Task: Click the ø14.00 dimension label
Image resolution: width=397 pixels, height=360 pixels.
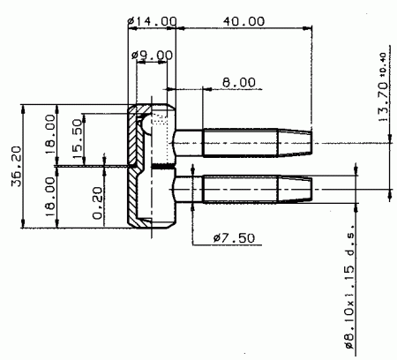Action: [153, 21]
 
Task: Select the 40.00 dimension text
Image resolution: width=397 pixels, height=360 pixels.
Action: [243, 21]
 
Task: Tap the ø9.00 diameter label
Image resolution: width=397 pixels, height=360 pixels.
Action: [152, 55]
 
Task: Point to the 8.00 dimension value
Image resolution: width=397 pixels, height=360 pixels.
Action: [239, 82]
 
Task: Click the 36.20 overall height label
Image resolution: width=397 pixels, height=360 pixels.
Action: [17, 166]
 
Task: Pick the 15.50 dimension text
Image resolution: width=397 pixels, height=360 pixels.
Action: [77, 139]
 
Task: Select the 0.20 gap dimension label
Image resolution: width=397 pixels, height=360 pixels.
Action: [98, 204]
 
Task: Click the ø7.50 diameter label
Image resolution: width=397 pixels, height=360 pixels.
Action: [234, 238]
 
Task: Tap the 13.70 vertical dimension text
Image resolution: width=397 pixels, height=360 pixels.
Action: [383, 101]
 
